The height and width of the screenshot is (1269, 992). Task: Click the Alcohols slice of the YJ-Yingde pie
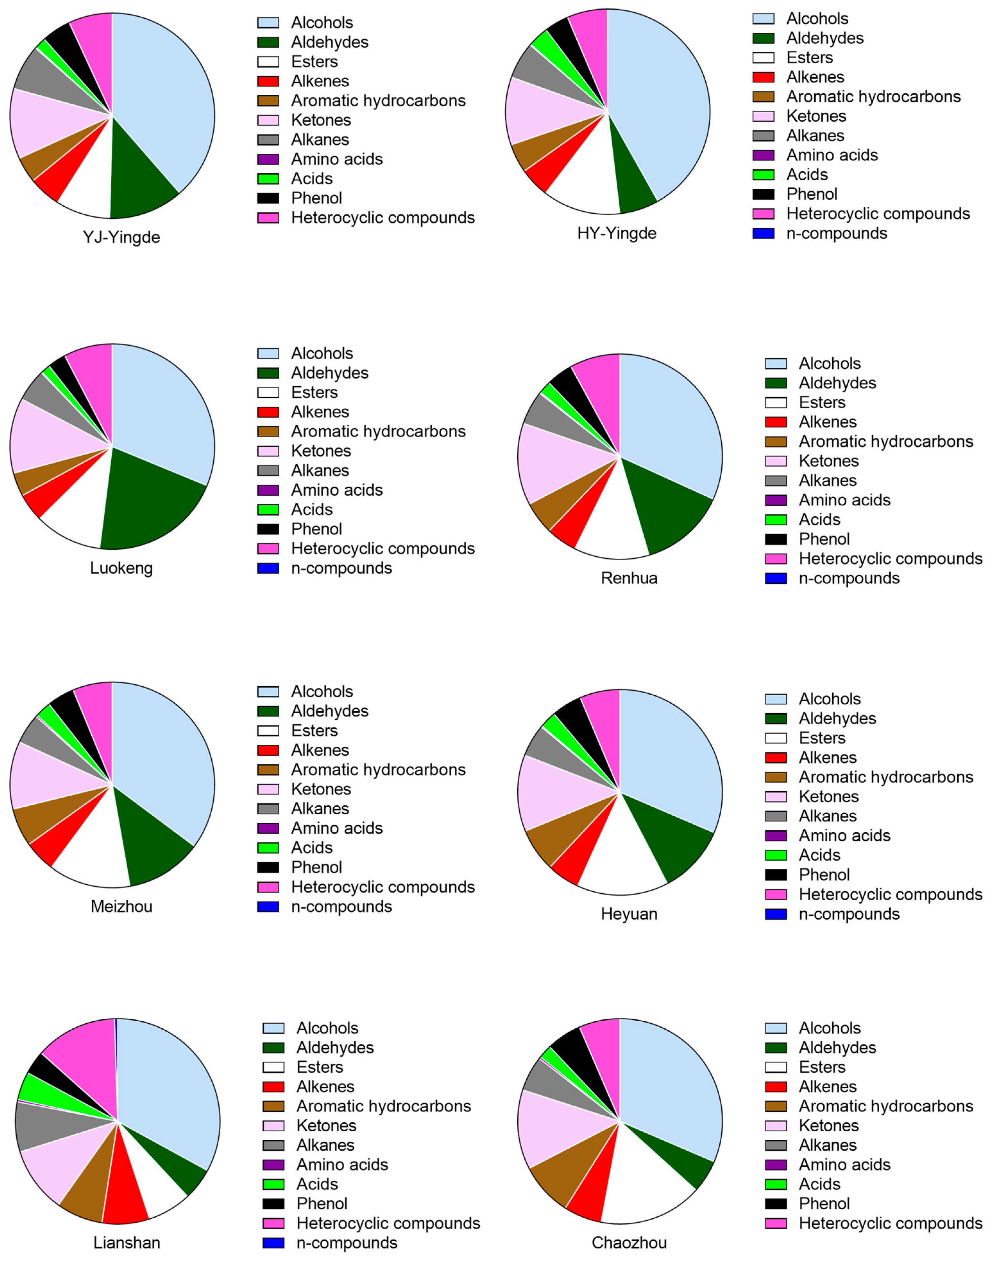165,99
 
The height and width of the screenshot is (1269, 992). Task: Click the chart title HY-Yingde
617,234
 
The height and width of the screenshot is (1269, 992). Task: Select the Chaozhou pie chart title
629,1243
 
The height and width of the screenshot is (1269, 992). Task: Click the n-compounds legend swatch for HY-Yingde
763,234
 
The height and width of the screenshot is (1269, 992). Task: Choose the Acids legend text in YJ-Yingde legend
312,179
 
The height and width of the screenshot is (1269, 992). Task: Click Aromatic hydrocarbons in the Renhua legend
886,442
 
